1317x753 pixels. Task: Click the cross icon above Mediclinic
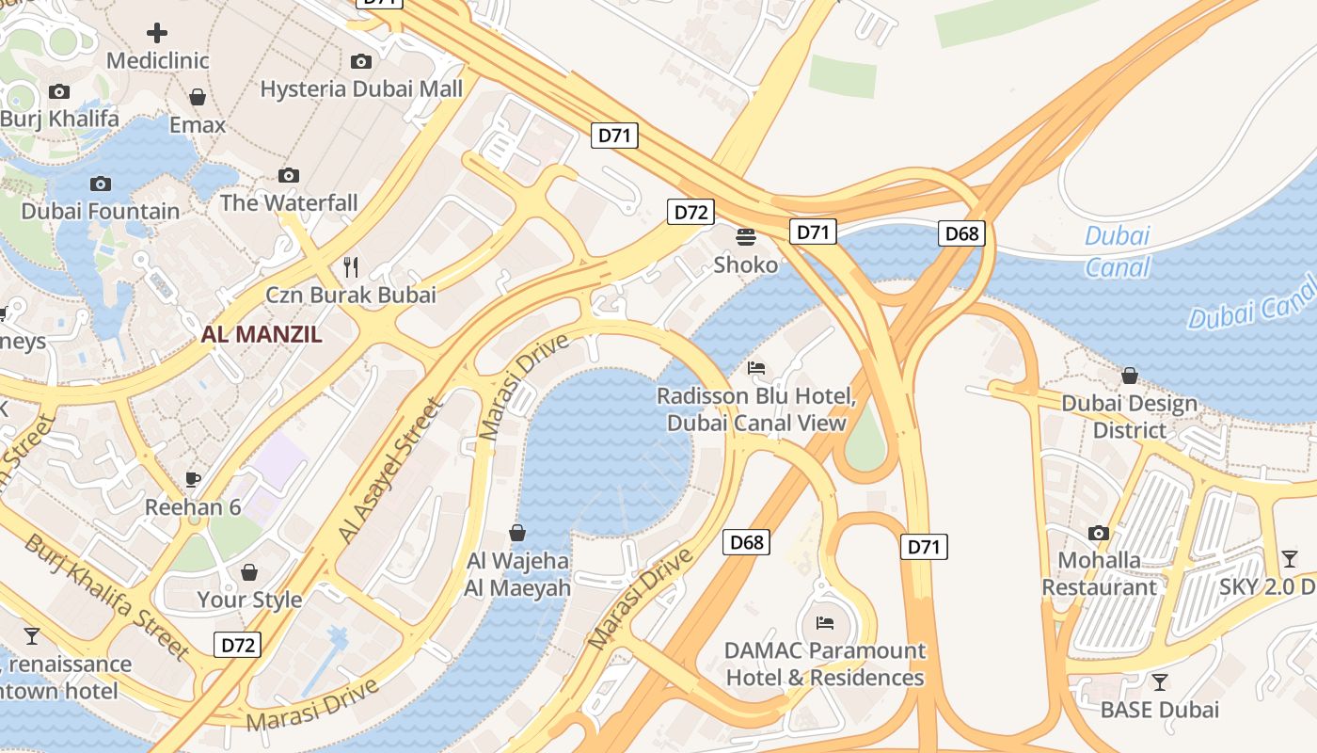click(x=157, y=33)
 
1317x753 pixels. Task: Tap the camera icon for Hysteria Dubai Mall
click(x=360, y=62)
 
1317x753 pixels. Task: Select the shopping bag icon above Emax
click(x=198, y=97)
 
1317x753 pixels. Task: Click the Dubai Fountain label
click(x=100, y=211)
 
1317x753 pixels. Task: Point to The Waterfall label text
click(x=289, y=202)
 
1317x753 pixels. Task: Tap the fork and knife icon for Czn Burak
click(x=351, y=266)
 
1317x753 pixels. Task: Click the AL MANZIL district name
click(x=262, y=334)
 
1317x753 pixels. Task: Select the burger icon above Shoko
click(x=746, y=236)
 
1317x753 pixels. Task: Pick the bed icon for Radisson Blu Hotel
click(x=756, y=367)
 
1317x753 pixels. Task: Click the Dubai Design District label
click(x=1129, y=417)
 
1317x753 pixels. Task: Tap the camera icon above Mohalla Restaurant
click(x=1099, y=534)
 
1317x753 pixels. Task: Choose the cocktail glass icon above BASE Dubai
click(x=1160, y=682)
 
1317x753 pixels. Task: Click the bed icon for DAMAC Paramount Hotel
click(x=825, y=622)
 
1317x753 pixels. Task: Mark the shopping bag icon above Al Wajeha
click(x=517, y=533)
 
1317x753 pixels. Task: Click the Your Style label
click(x=249, y=600)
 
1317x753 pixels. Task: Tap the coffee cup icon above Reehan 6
click(x=193, y=479)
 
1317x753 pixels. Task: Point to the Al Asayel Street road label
click(x=390, y=470)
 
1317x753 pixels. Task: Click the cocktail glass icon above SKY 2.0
click(x=1290, y=559)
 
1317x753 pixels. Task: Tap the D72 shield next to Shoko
click(x=690, y=212)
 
